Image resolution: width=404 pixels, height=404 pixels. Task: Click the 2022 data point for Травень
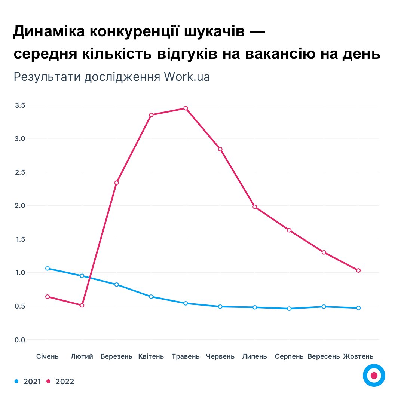[x=186, y=108]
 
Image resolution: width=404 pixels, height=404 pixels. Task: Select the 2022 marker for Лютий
[x=82, y=305]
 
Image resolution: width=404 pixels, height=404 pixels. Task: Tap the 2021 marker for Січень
[x=48, y=268]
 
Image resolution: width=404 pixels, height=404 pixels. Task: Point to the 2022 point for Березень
[x=116, y=183]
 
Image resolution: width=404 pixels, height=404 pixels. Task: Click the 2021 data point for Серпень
[x=289, y=309]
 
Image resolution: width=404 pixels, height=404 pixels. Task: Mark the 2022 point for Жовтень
[x=358, y=270]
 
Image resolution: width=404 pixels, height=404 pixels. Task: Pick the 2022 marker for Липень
[x=255, y=207]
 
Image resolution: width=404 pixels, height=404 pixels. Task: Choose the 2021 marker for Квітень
[x=151, y=297]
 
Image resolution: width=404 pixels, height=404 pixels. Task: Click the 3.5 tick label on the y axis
[x=20, y=105]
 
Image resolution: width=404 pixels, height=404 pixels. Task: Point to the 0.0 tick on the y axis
[x=20, y=340]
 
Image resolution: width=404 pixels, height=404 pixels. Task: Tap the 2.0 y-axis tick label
[x=20, y=206]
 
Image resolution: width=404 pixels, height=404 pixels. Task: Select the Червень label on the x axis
[x=220, y=356]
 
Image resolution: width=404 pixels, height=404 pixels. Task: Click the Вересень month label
[x=324, y=356]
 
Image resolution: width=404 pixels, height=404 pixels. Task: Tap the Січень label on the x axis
[x=48, y=356]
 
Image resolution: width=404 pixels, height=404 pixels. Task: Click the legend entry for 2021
[x=28, y=382]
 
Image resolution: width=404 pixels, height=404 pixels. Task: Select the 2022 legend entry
[x=60, y=382]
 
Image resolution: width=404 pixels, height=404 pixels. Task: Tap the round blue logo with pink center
[x=374, y=375]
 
